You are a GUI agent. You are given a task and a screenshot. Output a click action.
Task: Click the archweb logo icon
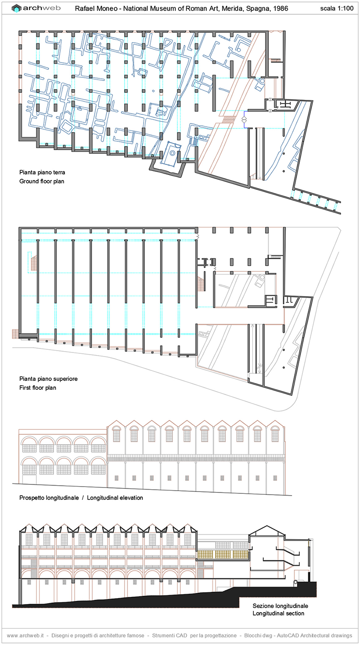pyautogui.click(x=17, y=9)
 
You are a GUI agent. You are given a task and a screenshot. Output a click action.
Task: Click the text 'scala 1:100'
pyautogui.click(x=337, y=9)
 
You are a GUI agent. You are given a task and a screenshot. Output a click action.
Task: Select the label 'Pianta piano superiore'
pyautogui.click(x=48, y=379)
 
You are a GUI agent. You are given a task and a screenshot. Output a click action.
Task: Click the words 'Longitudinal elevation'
pyautogui.click(x=115, y=498)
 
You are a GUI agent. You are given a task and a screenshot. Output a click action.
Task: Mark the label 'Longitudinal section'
pyautogui.click(x=279, y=613)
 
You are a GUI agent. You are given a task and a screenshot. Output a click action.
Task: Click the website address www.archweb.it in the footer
pyautogui.click(x=25, y=635)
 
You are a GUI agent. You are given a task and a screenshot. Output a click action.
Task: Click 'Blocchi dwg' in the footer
pyautogui.click(x=258, y=635)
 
